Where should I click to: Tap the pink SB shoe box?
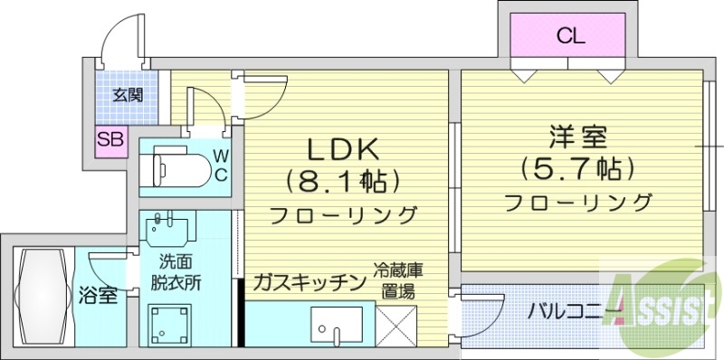click(111, 140)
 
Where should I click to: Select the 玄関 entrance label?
click(128, 95)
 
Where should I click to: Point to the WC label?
click(220, 165)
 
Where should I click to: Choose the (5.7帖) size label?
click(577, 168)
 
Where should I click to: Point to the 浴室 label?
click(98, 295)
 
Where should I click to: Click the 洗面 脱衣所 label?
click(176, 271)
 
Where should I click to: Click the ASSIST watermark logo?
click(665, 302)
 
